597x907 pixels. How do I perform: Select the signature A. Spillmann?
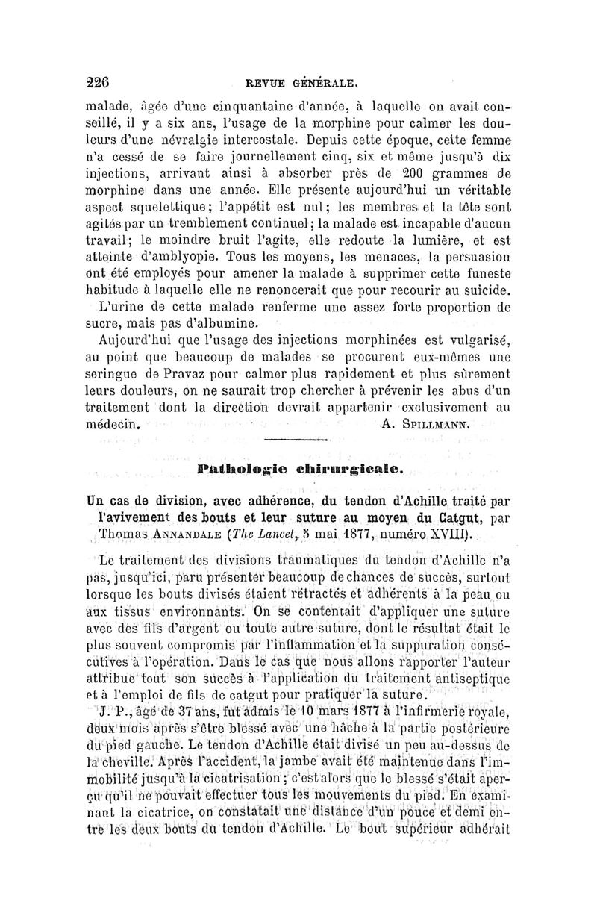point(425,426)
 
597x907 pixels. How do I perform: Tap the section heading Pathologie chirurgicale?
point(301,471)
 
